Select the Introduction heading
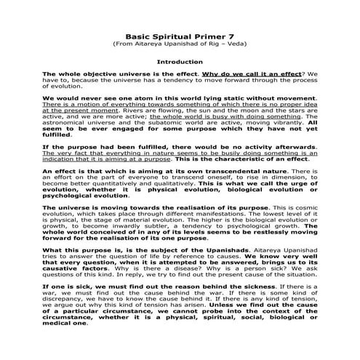pos(180,62)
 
